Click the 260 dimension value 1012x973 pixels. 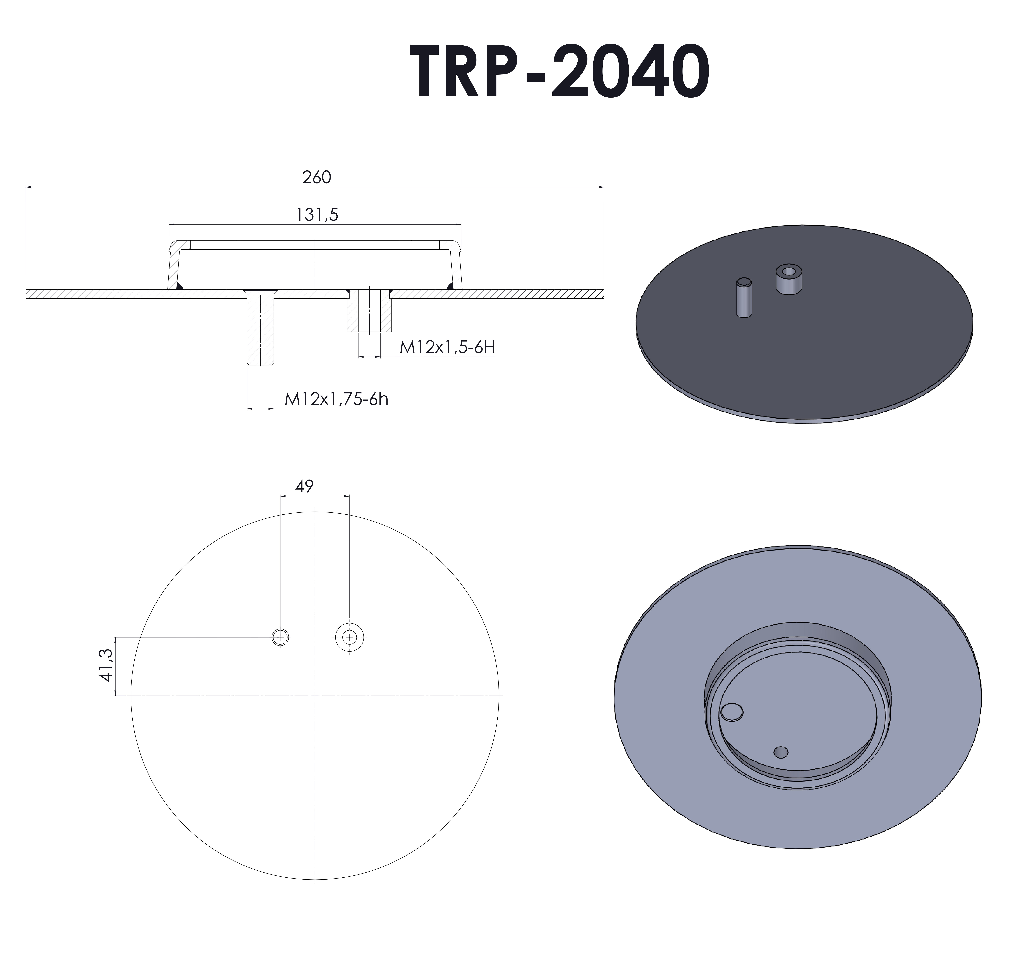click(316, 178)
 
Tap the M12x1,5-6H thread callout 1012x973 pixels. click(447, 348)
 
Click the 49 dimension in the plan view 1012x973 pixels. click(305, 486)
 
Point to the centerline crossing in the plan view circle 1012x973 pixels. click(315, 696)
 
